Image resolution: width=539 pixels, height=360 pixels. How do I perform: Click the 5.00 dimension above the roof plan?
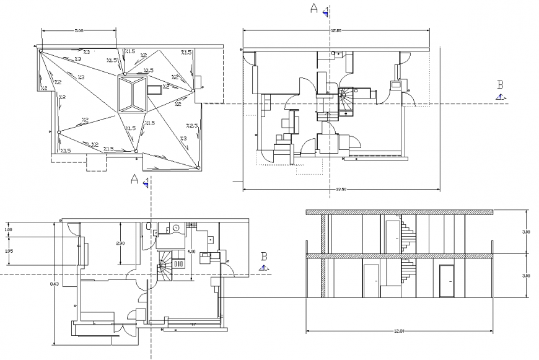pyautogui.click(x=79, y=30)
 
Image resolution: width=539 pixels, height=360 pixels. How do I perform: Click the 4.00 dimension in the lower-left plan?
pyautogui.click(x=191, y=252)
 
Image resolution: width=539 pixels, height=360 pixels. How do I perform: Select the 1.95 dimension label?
pyautogui.click(x=9, y=251)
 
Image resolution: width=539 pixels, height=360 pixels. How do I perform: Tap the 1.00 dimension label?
pyautogui.click(x=8, y=230)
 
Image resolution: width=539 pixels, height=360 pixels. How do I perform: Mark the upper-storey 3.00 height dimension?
pyautogui.click(x=526, y=232)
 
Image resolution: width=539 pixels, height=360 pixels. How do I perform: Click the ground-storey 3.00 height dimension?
pyautogui.click(x=526, y=275)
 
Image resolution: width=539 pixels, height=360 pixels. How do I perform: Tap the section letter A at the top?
pyautogui.click(x=313, y=8)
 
